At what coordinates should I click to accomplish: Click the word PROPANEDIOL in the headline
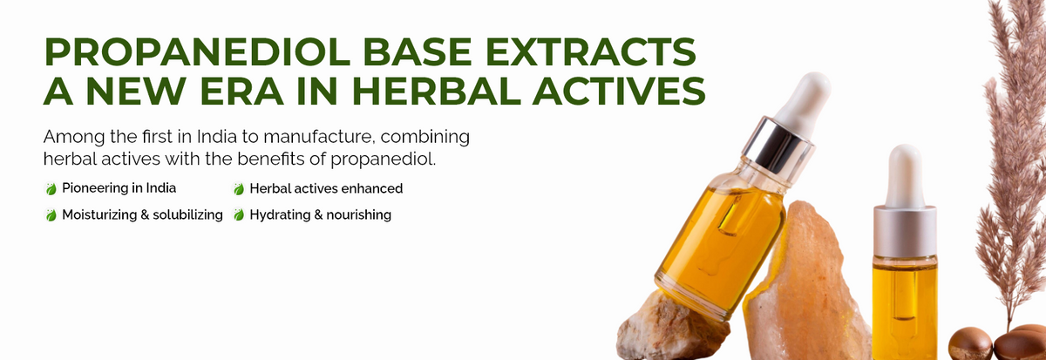[x=197, y=51]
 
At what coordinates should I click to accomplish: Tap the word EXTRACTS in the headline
[x=591, y=51]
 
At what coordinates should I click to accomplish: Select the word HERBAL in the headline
[x=436, y=91]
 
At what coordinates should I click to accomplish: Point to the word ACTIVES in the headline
[x=619, y=91]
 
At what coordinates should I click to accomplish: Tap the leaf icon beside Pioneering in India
[x=51, y=188]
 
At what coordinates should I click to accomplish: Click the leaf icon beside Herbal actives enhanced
[x=239, y=188]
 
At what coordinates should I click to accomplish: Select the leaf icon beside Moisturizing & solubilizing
[x=51, y=214]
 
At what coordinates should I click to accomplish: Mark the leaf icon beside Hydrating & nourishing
[x=239, y=214]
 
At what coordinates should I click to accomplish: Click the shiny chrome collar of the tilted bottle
[x=778, y=145]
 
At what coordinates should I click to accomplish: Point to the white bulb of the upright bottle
[x=905, y=176]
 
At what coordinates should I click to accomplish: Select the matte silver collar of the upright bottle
[x=905, y=231]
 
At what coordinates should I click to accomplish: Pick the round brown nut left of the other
[x=970, y=343]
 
